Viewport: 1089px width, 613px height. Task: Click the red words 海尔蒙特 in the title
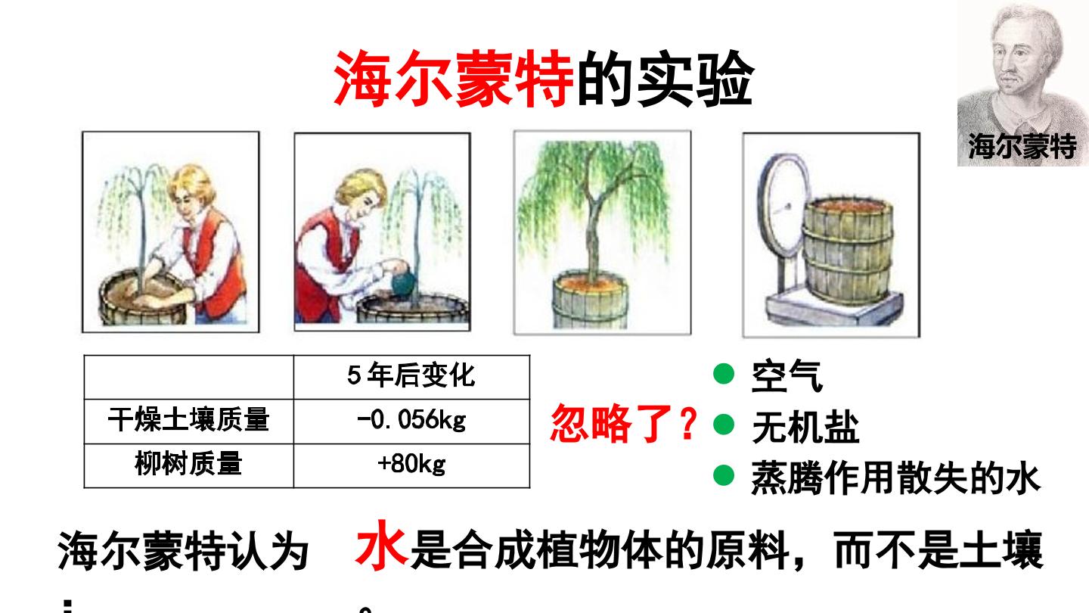(454, 79)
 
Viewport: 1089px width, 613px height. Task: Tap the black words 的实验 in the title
(665, 79)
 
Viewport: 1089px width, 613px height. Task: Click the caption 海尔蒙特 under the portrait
(1022, 145)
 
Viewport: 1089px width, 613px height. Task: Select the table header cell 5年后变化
(411, 375)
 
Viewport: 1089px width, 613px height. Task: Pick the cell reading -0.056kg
(411, 420)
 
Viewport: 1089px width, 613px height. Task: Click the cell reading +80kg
(411, 464)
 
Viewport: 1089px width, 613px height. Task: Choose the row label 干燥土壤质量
(188, 420)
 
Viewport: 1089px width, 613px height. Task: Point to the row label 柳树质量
(188, 464)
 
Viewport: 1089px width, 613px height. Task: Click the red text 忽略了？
(624, 423)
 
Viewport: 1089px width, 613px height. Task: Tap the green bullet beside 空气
(724, 374)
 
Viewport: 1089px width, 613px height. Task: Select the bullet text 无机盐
(805, 427)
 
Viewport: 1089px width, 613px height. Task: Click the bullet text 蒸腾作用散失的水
(896, 478)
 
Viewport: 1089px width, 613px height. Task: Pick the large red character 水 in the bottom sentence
(381, 546)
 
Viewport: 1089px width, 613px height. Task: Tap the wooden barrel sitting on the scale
(847, 251)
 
